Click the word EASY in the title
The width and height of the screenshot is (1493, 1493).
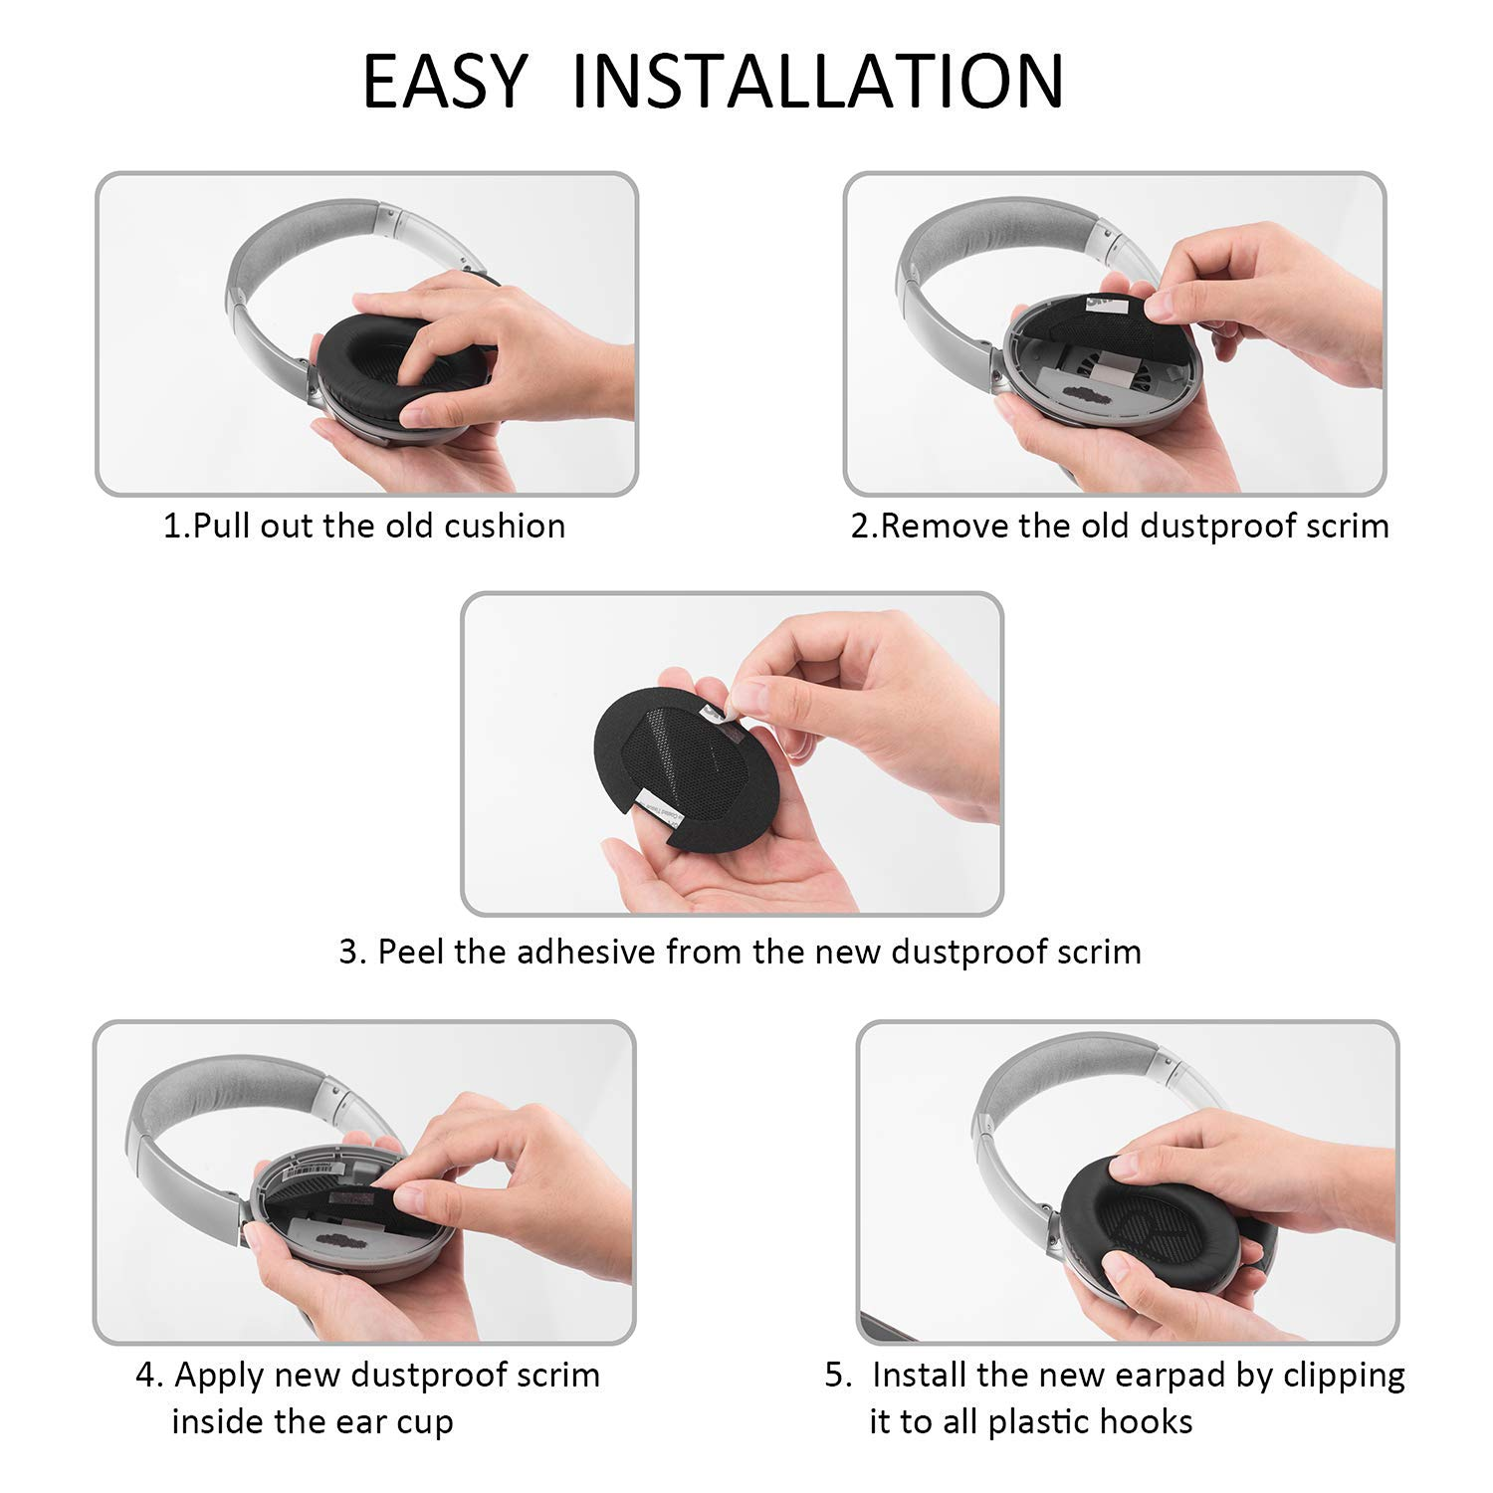[444, 81]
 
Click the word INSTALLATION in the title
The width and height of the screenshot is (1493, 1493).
[818, 81]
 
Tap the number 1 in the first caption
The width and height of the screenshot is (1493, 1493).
[172, 526]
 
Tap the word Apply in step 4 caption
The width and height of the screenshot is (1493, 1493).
[218, 1377]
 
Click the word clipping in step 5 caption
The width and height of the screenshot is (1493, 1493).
[1344, 1377]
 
